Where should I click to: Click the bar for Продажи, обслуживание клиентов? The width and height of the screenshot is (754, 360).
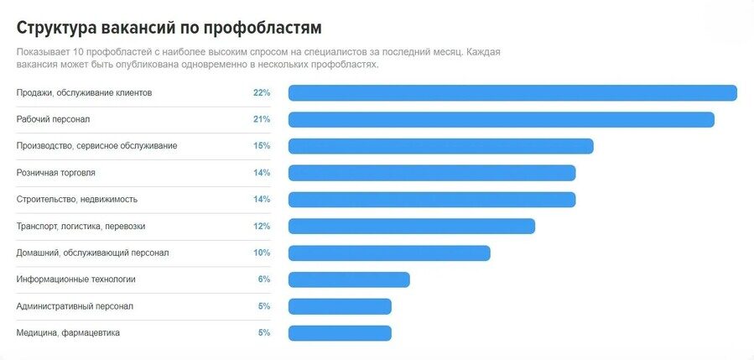point(512,93)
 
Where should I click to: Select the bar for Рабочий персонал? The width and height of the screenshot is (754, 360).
point(501,120)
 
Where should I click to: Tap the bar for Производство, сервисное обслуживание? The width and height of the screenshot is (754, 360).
point(440,146)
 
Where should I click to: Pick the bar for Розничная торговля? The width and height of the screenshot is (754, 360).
point(432,173)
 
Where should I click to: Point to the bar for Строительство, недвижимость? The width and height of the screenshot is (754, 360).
point(432,200)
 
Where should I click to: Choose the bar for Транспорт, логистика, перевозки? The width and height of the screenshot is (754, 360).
point(411,227)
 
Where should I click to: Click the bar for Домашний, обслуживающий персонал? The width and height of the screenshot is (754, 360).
point(389,253)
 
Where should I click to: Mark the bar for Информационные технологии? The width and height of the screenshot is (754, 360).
point(349,279)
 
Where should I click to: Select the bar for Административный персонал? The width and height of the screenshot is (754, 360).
point(340,306)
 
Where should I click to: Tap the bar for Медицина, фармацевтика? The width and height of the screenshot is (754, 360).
point(340,333)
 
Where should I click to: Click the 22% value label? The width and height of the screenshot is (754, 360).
point(261,92)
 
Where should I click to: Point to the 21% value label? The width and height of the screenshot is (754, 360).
point(261,119)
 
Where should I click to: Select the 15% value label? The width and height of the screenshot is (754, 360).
point(261,146)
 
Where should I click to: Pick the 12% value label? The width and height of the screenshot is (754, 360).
point(261,226)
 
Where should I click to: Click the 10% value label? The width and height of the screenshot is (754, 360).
point(261,253)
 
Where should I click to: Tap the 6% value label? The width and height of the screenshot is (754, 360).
point(263,279)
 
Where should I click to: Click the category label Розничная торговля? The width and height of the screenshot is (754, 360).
point(56,173)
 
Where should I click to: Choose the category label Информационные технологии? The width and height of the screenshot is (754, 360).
point(75,279)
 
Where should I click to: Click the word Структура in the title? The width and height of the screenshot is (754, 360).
point(55,28)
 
